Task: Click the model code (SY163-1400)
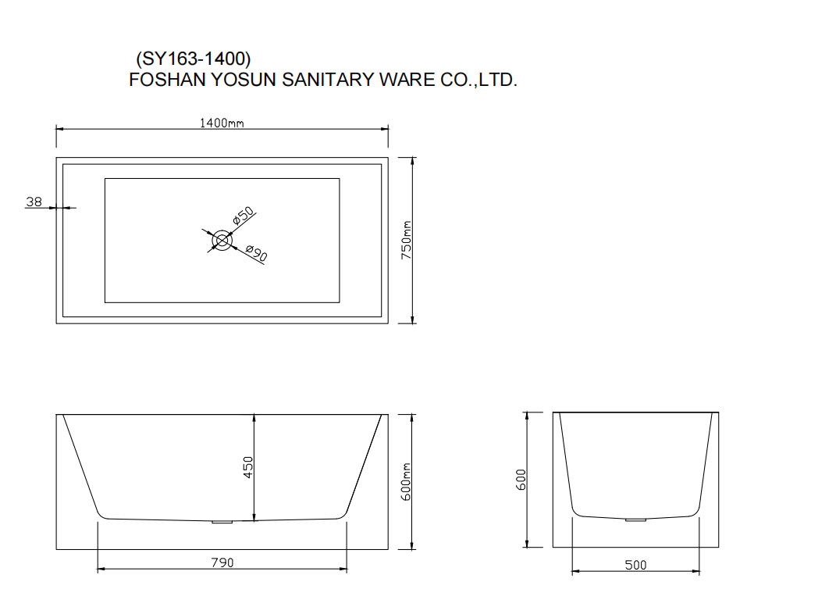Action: pos(194,59)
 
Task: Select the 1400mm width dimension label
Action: pos(222,123)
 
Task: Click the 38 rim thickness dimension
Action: pos(34,202)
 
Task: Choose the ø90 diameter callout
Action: pos(257,253)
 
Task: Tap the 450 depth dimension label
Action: pos(247,467)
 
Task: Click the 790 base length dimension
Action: pos(222,562)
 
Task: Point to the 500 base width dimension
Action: pos(635,565)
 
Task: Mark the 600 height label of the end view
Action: pos(521,480)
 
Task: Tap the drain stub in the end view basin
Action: pos(635,519)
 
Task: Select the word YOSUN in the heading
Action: pos(244,80)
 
